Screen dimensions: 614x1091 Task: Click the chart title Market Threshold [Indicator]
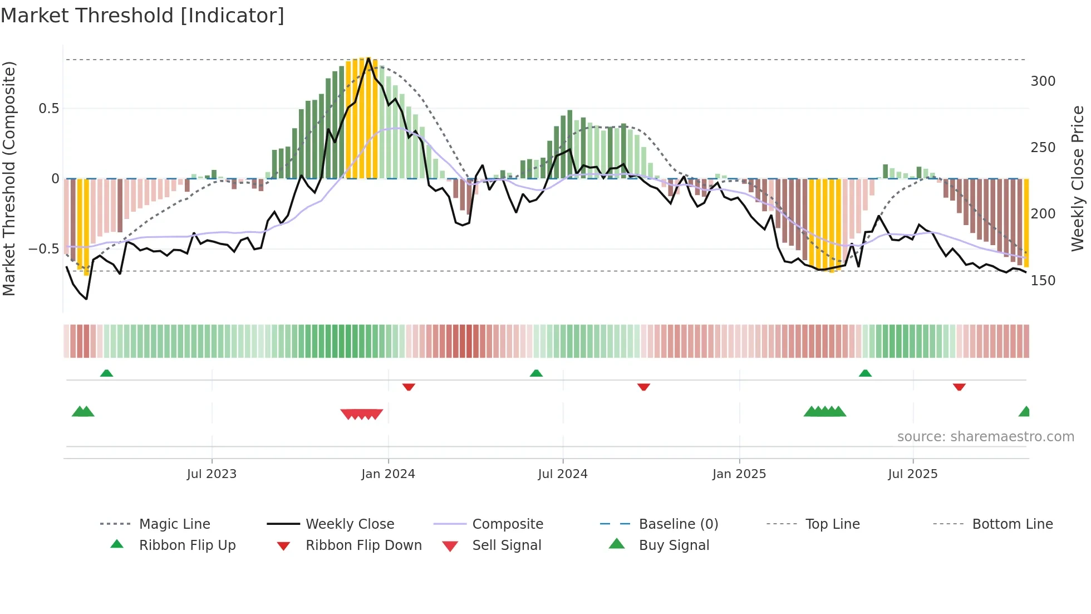coord(142,16)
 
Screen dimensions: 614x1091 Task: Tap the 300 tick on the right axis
coord(1043,81)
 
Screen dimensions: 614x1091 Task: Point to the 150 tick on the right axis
coord(1043,281)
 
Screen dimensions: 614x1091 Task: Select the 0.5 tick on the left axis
coord(49,109)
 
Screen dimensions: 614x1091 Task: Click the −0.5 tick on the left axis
coord(45,249)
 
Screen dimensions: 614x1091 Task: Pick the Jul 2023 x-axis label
coord(212,474)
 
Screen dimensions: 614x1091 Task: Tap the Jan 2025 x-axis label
coord(739,474)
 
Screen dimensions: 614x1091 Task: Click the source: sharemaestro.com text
coord(985,437)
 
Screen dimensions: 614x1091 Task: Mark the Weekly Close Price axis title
coord(1078,178)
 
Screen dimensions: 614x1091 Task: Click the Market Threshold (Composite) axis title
coord(9,178)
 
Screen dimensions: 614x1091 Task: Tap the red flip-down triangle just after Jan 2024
coord(409,387)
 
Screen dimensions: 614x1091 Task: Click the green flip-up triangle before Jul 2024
coord(536,373)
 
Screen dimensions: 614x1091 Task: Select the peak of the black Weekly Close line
coord(368,59)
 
